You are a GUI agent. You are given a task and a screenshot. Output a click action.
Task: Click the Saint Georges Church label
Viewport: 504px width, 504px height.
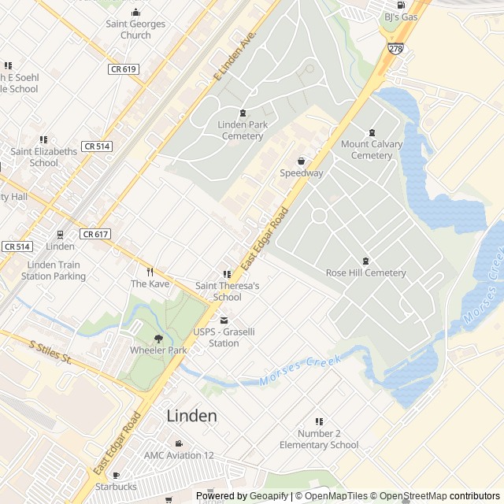point(135,29)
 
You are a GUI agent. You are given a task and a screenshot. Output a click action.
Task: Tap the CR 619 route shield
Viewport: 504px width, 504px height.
point(123,69)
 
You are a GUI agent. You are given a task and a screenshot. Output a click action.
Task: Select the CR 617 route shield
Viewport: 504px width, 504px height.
point(94,234)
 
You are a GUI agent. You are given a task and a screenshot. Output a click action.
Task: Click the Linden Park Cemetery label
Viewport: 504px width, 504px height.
point(242,131)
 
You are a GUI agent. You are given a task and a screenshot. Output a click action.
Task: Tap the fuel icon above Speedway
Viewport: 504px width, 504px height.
point(301,161)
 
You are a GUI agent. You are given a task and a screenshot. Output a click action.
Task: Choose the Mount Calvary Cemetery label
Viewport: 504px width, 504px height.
point(372,150)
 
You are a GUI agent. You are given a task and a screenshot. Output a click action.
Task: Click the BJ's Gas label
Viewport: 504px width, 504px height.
point(400,17)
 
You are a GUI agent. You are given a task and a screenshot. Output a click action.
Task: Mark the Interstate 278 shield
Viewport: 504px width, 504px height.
point(395,49)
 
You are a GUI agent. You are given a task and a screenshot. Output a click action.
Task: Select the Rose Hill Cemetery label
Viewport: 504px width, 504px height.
point(365,273)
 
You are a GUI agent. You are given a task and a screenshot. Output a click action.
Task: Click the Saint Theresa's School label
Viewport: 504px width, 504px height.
point(227,291)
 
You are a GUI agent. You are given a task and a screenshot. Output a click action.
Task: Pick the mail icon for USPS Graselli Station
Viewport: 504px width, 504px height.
point(224,321)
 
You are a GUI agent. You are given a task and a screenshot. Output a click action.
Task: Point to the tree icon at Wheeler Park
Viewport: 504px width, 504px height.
point(158,338)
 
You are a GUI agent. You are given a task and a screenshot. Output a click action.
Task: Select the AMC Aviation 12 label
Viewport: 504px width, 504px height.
point(179,455)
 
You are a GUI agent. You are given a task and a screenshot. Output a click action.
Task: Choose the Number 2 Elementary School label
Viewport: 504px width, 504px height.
point(319,439)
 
